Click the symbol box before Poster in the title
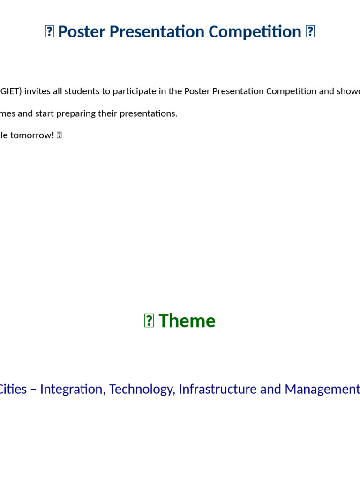point(49,32)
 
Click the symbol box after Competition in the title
point(310,32)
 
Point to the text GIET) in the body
point(11,91)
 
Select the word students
point(80,91)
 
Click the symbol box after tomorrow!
point(60,135)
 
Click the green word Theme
point(187,321)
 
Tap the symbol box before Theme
point(149,321)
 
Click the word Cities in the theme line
point(13,389)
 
